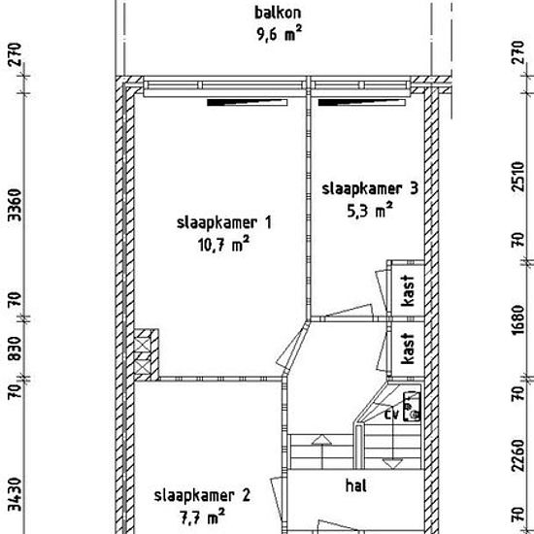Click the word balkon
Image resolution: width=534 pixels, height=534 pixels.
278,13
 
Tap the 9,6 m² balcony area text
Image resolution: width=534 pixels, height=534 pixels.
280,33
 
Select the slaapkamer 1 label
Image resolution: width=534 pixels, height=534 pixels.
224,222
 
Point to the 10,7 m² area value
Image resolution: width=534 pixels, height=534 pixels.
223,244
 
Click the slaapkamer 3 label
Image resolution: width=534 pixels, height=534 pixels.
370,189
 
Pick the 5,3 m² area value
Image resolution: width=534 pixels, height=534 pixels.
370,210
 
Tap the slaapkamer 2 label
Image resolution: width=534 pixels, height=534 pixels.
202,495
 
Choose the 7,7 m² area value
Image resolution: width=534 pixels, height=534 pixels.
202,517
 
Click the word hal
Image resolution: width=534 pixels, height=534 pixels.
356,485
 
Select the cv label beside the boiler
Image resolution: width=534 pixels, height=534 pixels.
391,415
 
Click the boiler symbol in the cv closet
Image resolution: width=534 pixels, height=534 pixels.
412,407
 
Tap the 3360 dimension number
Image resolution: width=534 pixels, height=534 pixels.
15,205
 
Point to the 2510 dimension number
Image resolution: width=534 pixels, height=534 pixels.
518,177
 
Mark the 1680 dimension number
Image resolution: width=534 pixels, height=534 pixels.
518,319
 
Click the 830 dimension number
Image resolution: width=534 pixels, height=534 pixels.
15,348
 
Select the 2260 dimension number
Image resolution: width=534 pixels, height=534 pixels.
518,455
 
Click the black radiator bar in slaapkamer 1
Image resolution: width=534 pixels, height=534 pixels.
248,103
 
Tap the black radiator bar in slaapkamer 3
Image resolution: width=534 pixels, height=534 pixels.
362,103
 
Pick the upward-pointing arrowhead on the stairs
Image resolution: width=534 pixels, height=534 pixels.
321,440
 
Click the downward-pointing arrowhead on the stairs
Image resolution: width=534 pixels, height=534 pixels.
392,464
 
